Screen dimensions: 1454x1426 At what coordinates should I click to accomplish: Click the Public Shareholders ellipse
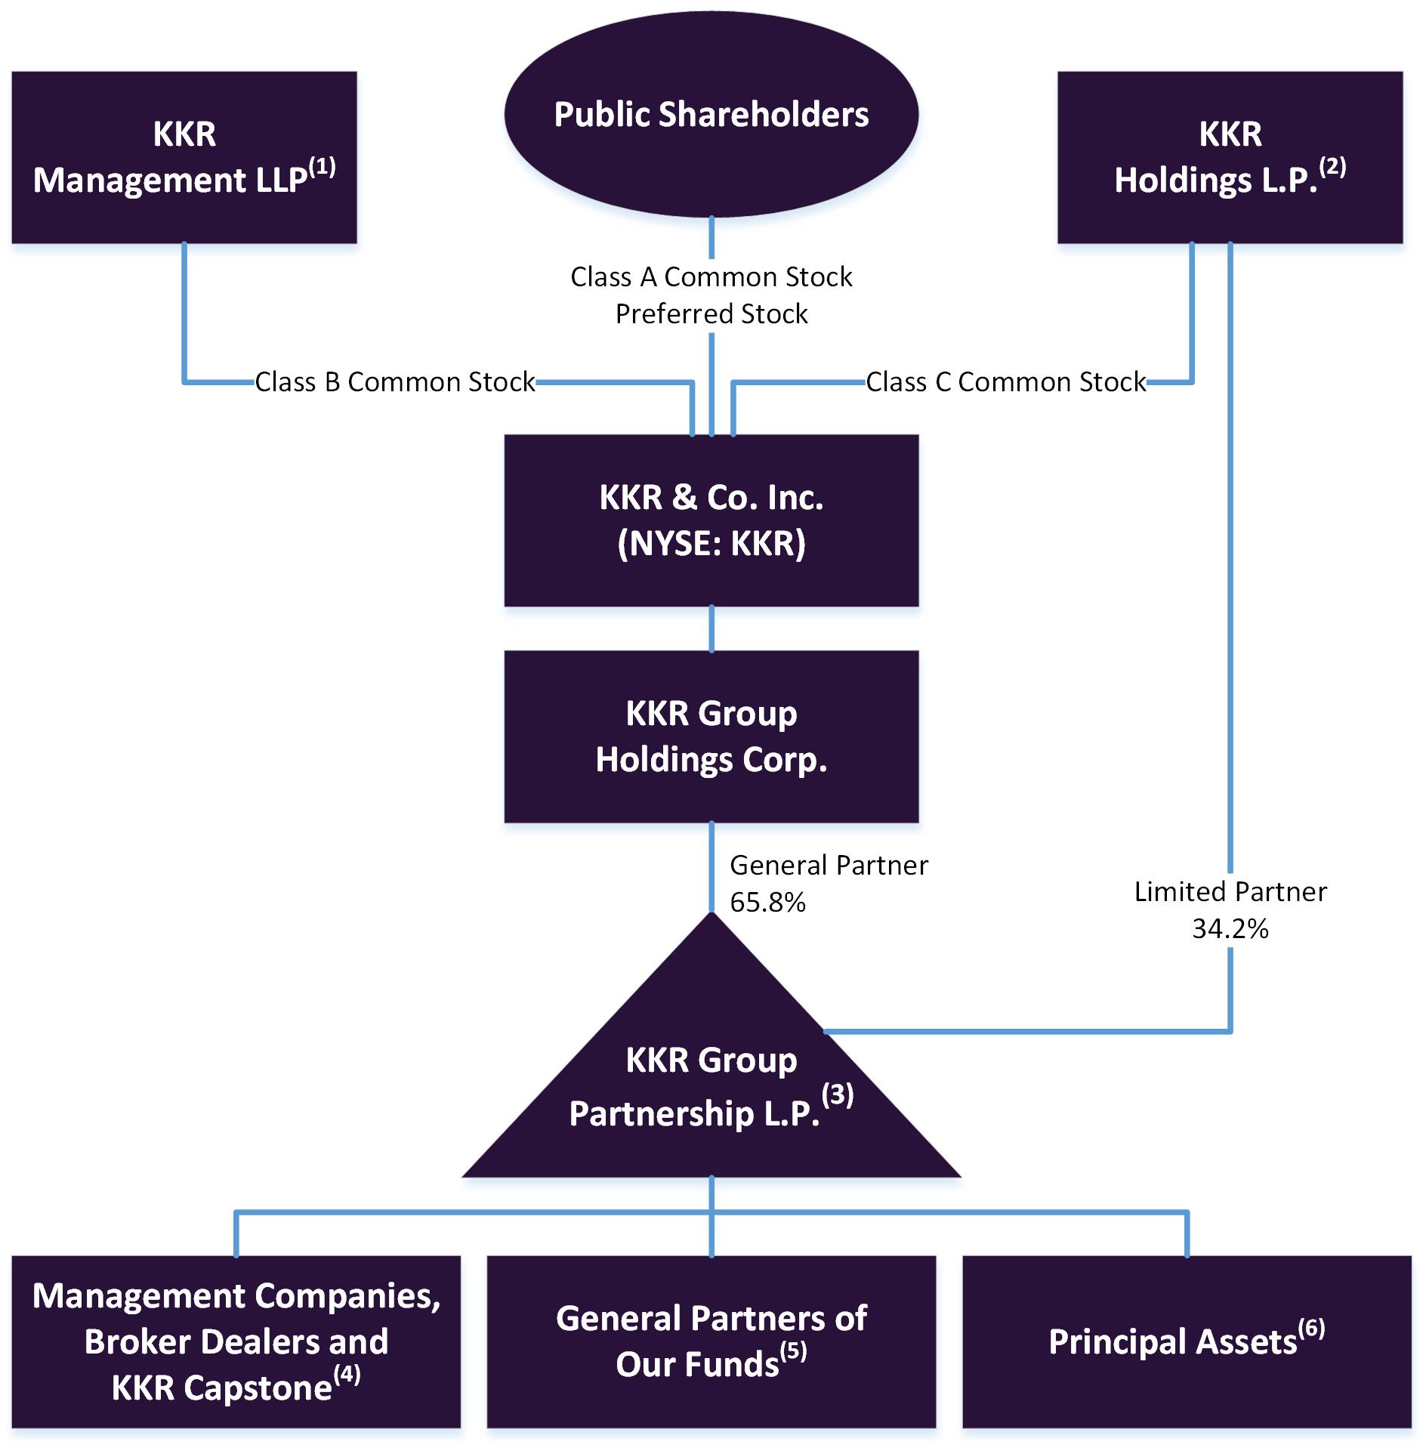[x=711, y=115]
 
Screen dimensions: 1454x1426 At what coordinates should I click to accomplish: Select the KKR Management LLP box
[x=184, y=157]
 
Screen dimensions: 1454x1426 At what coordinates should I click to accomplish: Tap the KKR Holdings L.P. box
[x=1230, y=157]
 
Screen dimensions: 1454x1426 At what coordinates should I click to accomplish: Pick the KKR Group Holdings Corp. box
[x=711, y=736]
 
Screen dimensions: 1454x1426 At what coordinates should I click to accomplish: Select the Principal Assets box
[x=1186, y=1341]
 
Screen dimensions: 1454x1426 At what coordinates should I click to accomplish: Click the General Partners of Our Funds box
[x=711, y=1341]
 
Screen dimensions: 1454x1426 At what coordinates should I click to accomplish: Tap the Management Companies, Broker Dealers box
[x=236, y=1341]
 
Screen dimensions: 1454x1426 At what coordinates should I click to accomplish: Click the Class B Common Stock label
[x=394, y=382]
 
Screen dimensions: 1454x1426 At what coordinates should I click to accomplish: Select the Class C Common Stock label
[x=1005, y=382]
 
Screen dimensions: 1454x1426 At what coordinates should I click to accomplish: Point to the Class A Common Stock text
[x=711, y=277]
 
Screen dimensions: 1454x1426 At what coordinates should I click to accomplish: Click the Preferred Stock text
[x=711, y=313]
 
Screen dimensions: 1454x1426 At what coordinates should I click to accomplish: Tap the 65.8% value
[x=767, y=902]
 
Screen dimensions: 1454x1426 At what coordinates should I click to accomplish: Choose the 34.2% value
[x=1230, y=928]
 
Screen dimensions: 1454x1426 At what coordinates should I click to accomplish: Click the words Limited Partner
[x=1230, y=892]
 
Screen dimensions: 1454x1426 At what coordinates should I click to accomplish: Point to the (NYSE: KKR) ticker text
[x=711, y=544]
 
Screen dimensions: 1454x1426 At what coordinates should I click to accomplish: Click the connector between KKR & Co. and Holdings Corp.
[x=711, y=628]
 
